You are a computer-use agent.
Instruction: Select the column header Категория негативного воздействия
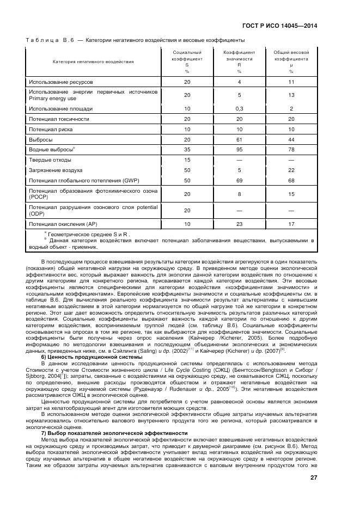[93, 62]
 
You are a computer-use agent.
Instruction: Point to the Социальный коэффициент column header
[187, 62]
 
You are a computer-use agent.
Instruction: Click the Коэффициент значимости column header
[239, 62]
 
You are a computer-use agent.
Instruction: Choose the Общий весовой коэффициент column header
[291, 62]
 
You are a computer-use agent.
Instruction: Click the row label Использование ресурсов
[60, 82]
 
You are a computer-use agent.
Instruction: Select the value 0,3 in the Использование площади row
[239, 108]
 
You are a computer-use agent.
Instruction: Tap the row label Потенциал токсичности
[59, 119]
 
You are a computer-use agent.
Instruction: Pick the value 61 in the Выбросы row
[239, 139]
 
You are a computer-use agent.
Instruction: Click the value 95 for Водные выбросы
[239, 149]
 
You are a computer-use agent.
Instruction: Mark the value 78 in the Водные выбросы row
[291, 149]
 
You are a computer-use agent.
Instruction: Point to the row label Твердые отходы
[50, 160]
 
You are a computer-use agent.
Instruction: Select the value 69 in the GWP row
[239, 180]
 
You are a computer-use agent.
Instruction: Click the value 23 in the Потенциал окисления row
[239, 224]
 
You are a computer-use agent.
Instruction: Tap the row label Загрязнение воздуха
[55, 170]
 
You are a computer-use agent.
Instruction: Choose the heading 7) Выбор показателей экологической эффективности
[114, 433]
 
